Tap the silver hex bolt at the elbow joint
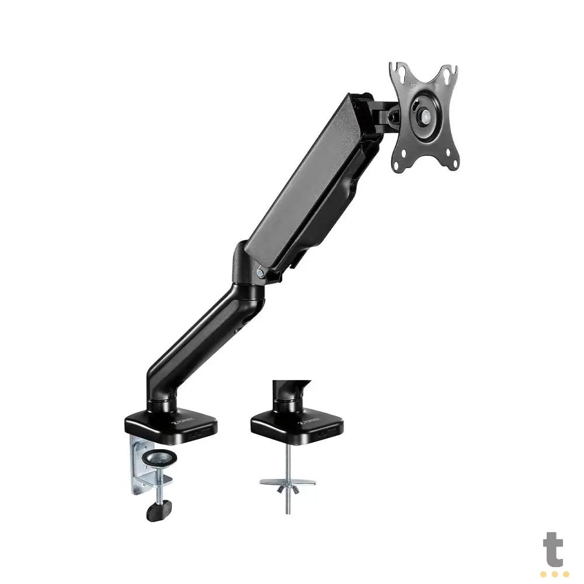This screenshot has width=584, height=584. [x=259, y=272]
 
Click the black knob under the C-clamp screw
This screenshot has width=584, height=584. [x=154, y=511]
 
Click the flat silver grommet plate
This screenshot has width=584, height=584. [x=288, y=482]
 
